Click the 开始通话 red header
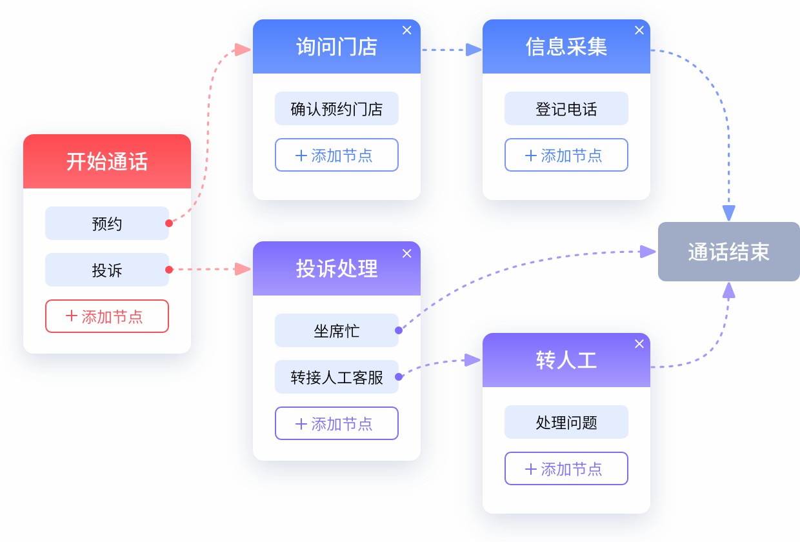(107, 161)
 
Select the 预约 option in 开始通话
(107, 223)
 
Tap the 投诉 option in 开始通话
(107, 270)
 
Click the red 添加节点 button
(107, 316)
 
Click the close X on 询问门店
(407, 30)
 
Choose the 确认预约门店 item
(337, 108)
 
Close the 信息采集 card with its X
(639, 30)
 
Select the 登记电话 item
(566, 108)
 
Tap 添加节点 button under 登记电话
(566, 155)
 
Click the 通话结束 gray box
(729, 252)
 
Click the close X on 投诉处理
(407, 254)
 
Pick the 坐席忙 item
(337, 330)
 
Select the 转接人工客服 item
(337, 377)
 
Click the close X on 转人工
(639, 344)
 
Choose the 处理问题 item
(566, 422)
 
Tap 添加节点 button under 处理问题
(566, 468)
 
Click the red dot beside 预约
(169, 223)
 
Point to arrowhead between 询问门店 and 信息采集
(474, 50)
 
